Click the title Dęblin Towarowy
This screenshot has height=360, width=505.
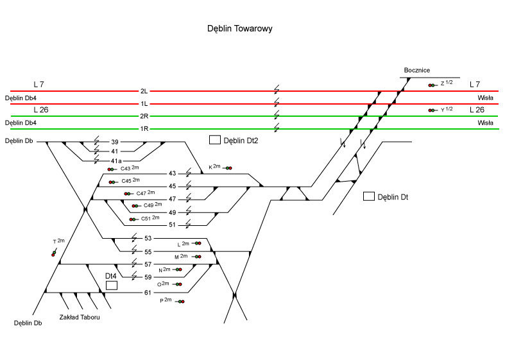pyautogui.click(x=241, y=29)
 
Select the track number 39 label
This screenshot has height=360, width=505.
pyautogui.click(x=115, y=142)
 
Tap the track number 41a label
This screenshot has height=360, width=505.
pyautogui.click(x=116, y=160)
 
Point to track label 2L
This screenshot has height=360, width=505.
pyautogui.click(x=144, y=91)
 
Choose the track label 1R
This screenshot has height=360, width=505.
pyautogui.click(x=144, y=129)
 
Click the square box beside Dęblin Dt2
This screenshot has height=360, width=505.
pyautogui.click(x=214, y=140)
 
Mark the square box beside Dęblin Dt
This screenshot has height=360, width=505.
pyautogui.click(x=368, y=196)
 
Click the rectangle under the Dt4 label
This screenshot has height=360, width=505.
pyautogui.click(x=111, y=285)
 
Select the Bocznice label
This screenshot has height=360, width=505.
pyautogui.click(x=417, y=70)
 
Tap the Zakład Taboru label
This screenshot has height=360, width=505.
pyautogui.click(x=80, y=317)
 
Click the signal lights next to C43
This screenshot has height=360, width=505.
pyautogui.click(x=112, y=169)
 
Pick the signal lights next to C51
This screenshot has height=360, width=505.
pyautogui.click(x=133, y=219)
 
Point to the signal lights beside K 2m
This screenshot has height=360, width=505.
pyautogui.click(x=228, y=168)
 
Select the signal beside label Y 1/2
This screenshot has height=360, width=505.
pyautogui.click(x=432, y=110)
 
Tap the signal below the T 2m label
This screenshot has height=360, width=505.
pyautogui.click(x=54, y=253)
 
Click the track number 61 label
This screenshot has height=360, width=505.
pyautogui.click(x=148, y=293)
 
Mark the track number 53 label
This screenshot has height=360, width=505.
pyautogui.click(x=148, y=238)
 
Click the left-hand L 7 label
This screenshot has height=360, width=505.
pyautogui.click(x=39, y=84)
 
